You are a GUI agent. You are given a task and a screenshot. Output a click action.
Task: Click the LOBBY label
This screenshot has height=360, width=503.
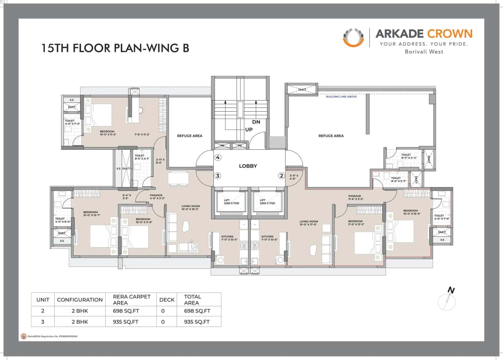pos(248,166)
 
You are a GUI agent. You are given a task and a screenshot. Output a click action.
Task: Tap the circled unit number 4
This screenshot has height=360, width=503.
pos(218,158)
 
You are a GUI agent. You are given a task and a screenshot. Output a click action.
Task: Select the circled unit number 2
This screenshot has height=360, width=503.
pos(281,176)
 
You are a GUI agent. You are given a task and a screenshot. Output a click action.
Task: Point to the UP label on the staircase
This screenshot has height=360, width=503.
pos(249,129)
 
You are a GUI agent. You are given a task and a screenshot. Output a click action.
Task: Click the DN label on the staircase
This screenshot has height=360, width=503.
pos(256,122)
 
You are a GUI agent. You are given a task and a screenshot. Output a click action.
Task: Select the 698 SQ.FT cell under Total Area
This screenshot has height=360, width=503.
pos(197,311)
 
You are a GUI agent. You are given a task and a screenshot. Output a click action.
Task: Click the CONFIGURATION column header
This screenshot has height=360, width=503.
pos(80,299)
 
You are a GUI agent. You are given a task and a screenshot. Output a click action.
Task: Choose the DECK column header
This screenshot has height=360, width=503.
pos(167,299)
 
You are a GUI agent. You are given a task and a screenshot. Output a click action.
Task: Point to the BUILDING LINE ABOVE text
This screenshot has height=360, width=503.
pos(341,96)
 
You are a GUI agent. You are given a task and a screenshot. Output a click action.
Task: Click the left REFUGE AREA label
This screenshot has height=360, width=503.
pos(189,136)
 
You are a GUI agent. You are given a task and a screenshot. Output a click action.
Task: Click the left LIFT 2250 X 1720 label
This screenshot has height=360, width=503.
pos(231,202)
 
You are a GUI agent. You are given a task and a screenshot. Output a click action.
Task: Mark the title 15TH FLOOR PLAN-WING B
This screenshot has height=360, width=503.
pos(115,48)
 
